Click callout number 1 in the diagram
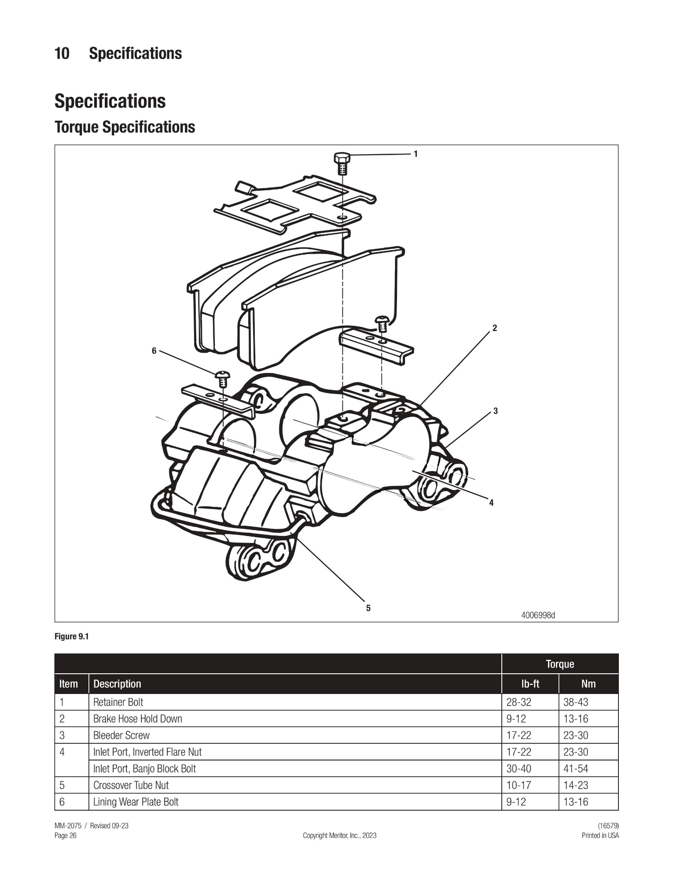(416, 154)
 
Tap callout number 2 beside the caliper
(495, 328)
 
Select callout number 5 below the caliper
(368, 608)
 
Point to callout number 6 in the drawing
(154, 351)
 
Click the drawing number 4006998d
(538, 615)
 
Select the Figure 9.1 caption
(72, 636)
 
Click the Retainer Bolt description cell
(118, 702)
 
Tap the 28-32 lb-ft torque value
(519, 702)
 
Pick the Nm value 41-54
(576, 768)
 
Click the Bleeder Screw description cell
(121, 735)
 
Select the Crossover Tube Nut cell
(131, 785)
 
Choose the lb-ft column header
(530, 684)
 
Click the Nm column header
(588, 684)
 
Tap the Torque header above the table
(560, 664)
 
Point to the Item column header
(69, 684)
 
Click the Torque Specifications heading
(125, 127)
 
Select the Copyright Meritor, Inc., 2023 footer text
(339, 835)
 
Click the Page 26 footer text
(66, 835)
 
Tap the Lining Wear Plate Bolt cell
(136, 802)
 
